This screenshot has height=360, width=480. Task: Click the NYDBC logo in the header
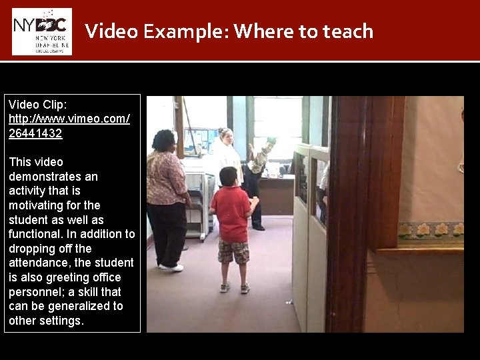(42, 31)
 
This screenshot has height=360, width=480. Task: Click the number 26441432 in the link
(35, 133)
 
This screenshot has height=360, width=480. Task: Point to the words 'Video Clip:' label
(38, 105)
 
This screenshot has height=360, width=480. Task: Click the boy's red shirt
(231, 213)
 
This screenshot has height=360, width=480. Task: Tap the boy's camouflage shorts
(234, 251)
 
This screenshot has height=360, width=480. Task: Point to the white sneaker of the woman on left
(172, 267)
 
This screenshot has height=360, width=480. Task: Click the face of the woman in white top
(226, 135)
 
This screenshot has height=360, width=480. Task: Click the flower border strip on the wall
(430, 230)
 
